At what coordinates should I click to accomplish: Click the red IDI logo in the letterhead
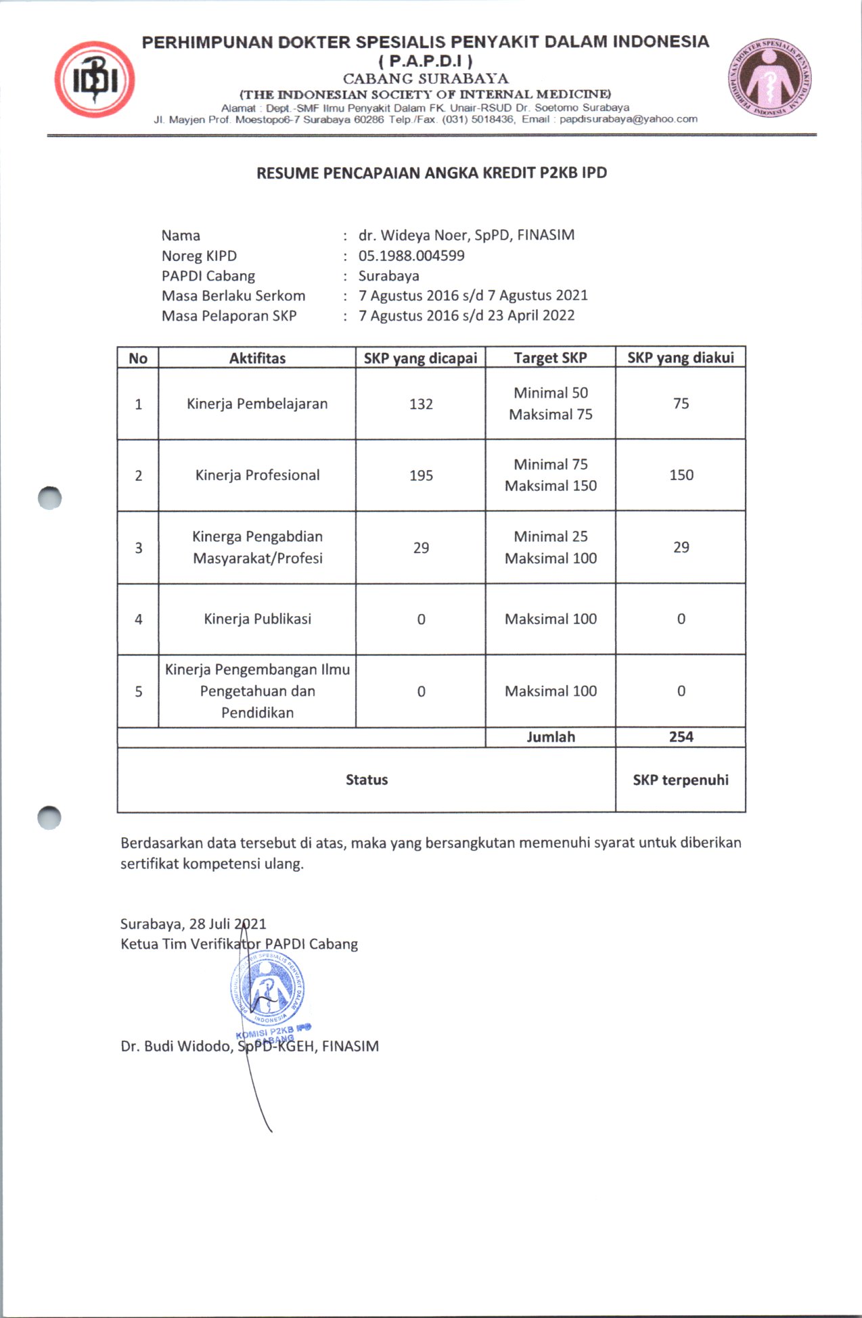coord(95,80)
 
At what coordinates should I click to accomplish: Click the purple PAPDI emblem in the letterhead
coord(770,77)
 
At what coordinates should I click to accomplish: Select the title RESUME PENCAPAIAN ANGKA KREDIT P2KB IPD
coord(431,173)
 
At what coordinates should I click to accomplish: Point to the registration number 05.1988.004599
coord(411,256)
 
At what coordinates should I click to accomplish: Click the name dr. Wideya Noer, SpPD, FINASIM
coord(466,235)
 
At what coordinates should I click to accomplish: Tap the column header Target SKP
coord(550,358)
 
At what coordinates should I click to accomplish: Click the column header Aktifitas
coord(257,358)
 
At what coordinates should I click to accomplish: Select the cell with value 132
coord(421,404)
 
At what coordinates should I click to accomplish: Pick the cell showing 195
coord(421,475)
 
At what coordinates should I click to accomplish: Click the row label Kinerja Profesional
coord(257,475)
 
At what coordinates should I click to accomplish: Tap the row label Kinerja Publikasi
coord(257,619)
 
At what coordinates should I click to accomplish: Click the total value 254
coord(681,737)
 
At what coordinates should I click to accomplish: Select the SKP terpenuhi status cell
coord(681,780)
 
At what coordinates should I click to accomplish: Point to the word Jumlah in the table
coord(551,737)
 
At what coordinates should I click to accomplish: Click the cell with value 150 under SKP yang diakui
coord(681,475)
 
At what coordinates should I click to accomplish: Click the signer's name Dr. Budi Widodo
coord(176,1046)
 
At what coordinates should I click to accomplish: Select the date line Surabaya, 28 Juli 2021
coord(193,924)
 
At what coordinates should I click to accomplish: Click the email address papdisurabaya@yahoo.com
coord(628,119)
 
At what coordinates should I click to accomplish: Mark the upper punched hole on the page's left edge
coord(49,498)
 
